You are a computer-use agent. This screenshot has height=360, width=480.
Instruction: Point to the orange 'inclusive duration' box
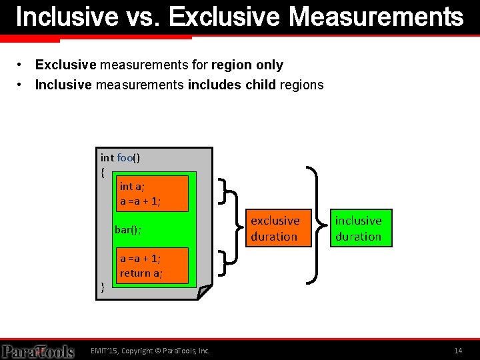coord(358,228)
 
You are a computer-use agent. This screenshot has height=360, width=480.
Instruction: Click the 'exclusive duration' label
coord(275,228)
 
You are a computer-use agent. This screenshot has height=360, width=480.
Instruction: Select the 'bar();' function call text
coord(128,230)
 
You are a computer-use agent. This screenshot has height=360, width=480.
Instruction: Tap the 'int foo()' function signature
coord(120,157)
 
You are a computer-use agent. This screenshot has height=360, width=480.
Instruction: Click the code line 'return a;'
coord(141,273)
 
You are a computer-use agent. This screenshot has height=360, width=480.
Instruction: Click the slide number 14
coord(457,351)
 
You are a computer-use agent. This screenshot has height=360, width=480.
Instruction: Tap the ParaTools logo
coord(37,351)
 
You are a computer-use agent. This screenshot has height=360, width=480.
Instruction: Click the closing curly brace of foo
coord(102,287)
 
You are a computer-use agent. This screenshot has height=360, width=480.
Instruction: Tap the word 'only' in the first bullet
coord(271,65)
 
